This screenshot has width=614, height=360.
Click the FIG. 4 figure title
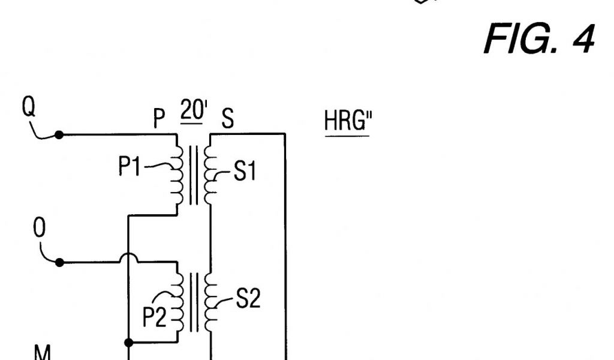[538, 41]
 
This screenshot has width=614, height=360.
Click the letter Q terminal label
[28, 109]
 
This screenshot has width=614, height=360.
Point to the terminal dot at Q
[59, 135]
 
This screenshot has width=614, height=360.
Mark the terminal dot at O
[59, 262]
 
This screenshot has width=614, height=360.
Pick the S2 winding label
[246, 299]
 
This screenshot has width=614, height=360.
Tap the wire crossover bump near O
[128, 259]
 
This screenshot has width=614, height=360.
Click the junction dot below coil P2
[128, 343]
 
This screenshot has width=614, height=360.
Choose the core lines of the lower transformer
[193, 301]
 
